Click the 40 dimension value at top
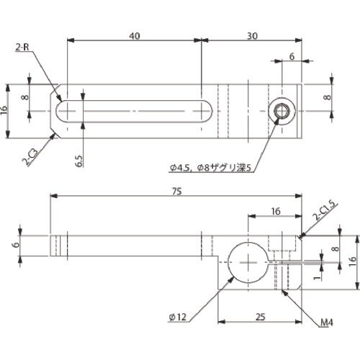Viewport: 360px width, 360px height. (134, 36)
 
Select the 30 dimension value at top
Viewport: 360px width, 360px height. (252, 36)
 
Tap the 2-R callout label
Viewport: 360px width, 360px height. (22, 48)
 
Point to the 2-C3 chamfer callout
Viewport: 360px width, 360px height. (30, 157)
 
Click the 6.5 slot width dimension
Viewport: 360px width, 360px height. (79, 161)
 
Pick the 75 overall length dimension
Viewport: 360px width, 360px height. (176, 192)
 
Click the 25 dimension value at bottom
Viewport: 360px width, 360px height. (261, 317)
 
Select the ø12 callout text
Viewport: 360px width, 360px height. (178, 317)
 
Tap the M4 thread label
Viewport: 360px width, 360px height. (327, 323)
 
